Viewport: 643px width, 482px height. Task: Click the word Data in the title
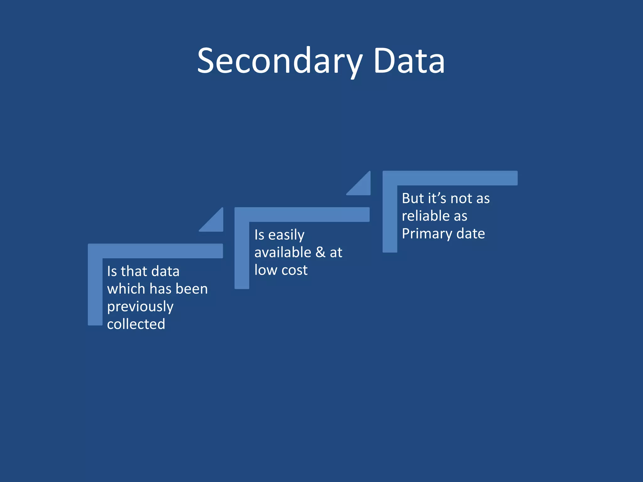tap(409, 61)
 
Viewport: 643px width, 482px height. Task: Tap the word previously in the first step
tap(140, 307)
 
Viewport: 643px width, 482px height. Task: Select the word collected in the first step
tap(136, 324)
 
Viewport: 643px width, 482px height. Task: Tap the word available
tap(283, 252)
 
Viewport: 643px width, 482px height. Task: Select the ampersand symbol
tap(320, 252)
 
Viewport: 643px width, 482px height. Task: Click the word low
tap(265, 270)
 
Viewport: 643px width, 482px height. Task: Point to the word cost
tap(294, 270)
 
